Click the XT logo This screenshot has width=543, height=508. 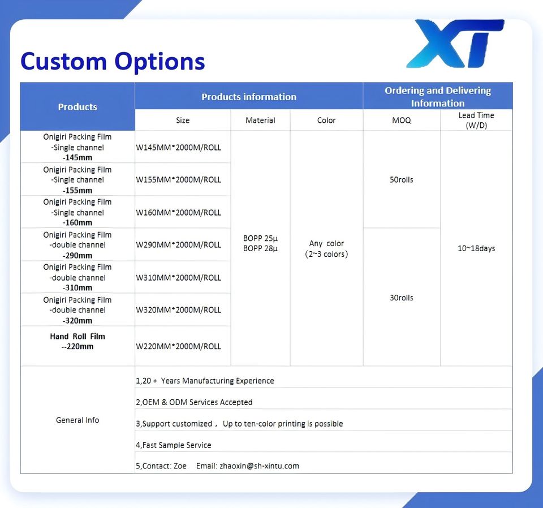(455, 44)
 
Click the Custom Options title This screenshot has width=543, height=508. (113, 61)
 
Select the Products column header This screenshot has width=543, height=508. (77, 107)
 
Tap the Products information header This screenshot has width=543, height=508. (249, 97)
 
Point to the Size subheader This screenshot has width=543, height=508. (183, 120)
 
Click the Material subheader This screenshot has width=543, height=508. (260, 120)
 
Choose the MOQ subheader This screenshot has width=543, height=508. (402, 120)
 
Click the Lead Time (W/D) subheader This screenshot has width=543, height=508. (476, 120)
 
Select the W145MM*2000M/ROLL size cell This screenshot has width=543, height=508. (178, 148)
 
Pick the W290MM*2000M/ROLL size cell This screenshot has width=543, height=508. (178, 245)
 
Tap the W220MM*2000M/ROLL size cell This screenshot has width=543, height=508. (178, 346)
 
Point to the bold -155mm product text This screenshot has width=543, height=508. (77, 191)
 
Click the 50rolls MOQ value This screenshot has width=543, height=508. (402, 180)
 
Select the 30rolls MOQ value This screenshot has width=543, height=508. (402, 298)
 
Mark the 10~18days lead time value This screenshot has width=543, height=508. (476, 248)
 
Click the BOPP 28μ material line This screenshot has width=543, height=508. (260, 249)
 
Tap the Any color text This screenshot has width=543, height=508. (326, 243)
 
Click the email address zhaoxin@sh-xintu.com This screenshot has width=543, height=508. (260, 466)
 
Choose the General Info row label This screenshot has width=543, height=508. (77, 420)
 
